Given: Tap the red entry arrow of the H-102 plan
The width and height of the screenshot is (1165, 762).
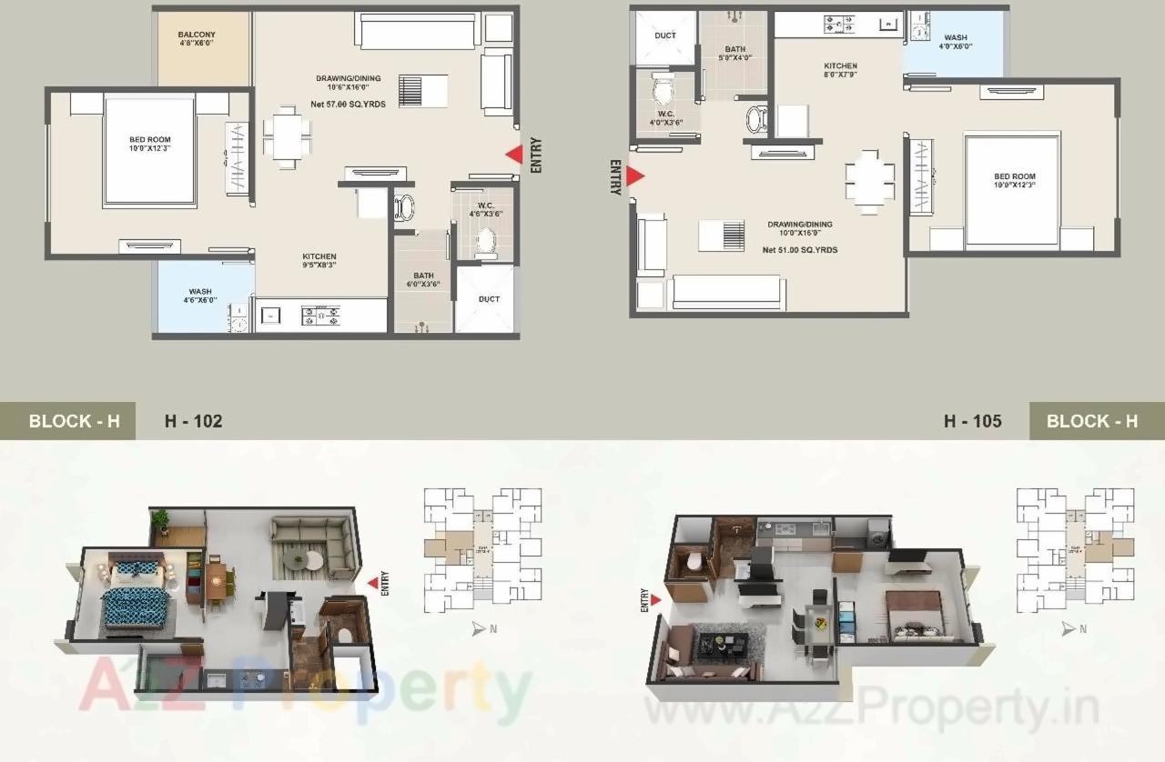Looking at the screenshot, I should (x=514, y=155).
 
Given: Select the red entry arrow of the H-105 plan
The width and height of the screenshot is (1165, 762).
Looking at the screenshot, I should (x=635, y=176).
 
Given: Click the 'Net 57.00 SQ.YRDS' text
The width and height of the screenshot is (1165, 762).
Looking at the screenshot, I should (x=349, y=105).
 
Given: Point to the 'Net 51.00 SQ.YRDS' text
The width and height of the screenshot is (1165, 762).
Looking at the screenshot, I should (x=800, y=250).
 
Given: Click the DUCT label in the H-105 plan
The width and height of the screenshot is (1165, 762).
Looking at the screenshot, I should (x=665, y=35).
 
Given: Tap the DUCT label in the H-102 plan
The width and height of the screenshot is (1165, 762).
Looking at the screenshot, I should (x=489, y=299).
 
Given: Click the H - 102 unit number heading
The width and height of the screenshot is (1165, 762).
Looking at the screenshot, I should (x=193, y=421).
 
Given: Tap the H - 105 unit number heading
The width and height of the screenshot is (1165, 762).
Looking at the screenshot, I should (x=972, y=421).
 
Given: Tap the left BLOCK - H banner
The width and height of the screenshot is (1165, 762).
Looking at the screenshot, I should (x=74, y=421).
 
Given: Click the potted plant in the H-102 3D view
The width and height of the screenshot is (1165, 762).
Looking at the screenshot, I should (x=161, y=520).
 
